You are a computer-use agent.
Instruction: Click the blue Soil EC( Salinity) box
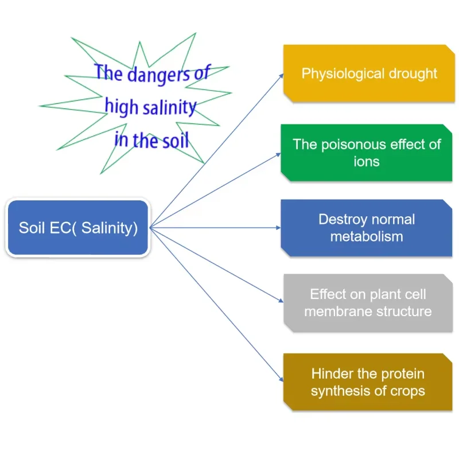tap(78, 227)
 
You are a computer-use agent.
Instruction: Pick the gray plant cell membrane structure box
tap(367, 302)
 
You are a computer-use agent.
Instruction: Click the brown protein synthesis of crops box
tap(367, 382)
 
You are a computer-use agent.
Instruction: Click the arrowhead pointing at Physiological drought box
tap(281, 75)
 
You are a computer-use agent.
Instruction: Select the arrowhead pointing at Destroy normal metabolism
tap(278, 227)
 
